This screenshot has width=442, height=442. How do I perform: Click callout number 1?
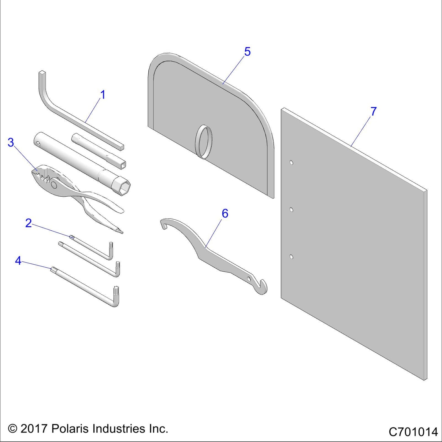[x=103, y=95]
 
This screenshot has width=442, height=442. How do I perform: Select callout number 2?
[x=28, y=223]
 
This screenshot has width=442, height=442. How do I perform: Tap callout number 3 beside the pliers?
[x=11, y=142]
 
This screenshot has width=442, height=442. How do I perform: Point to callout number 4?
[x=18, y=261]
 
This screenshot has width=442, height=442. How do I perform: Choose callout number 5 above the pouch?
[x=247, y=52]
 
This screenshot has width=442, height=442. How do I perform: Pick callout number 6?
[x=225, y=214]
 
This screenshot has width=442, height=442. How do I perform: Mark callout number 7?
[x=373, y=111]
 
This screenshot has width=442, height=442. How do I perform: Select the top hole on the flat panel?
[x=292, y=162]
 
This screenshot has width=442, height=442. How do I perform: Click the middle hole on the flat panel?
[x=292, y=210]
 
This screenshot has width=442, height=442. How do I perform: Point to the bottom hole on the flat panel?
[x=292, y=257]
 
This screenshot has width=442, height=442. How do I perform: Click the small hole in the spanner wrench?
[x=249, y=279]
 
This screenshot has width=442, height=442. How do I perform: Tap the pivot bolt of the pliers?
[x=54, y=184]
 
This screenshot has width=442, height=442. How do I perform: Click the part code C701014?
[x=413, y=432]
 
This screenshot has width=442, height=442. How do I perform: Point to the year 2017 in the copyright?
[x=33, y=429]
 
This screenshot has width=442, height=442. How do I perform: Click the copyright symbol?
[x=13, y=429]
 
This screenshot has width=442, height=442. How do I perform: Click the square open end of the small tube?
[x=123, y=165]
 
